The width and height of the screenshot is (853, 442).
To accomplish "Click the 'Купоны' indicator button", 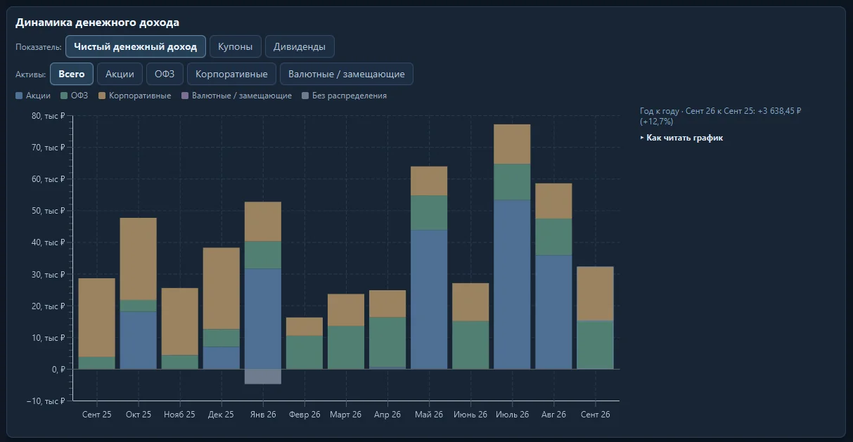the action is coord(236,47).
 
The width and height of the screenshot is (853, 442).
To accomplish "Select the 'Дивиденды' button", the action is coord(300,47).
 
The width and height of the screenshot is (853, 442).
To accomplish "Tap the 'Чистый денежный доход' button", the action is coord(136,47).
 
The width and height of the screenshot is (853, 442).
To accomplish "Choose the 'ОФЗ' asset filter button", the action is coord(165,74).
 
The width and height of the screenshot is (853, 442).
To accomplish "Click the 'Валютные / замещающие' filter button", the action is coord(347,74).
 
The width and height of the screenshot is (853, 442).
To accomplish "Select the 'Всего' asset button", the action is coord(72,74).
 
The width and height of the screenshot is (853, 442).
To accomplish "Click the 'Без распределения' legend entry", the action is coord(345,96).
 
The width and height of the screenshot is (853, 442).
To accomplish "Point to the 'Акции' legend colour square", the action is coord(19,96).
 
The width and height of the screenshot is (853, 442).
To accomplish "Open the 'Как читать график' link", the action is coord(681,138).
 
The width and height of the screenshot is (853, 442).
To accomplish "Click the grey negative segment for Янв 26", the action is coord(263,377).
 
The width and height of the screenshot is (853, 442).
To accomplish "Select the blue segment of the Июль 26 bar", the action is coord(512,285).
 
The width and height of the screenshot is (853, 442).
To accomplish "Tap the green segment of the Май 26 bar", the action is coord(429,213).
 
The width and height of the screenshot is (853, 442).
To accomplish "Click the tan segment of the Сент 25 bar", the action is coord(97,318).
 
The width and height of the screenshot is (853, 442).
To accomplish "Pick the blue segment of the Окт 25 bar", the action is coord(139,340).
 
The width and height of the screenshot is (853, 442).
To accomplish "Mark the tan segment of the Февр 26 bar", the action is coord(304,327).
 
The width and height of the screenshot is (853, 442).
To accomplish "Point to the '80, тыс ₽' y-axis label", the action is coord(49,116).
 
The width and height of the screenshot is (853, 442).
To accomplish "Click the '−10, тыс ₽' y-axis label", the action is coord(46,401).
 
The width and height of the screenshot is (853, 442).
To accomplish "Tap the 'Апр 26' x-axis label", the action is coord(387,415).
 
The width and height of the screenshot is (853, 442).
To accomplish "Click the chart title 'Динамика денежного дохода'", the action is coord(98,22).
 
